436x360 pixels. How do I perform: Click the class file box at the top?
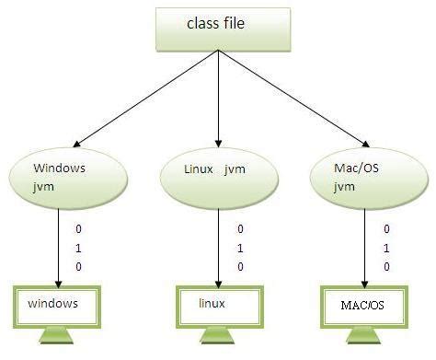pos(218,27)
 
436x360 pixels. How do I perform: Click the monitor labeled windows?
pos(58,305)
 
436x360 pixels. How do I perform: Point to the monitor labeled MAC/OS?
pos(366,305)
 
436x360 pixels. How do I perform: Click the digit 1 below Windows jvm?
pos(80,247)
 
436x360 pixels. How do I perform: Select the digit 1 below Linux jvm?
pos(240,247)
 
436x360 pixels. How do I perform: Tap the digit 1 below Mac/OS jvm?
pos(387,247)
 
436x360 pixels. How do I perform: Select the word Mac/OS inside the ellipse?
pos(360,169)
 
